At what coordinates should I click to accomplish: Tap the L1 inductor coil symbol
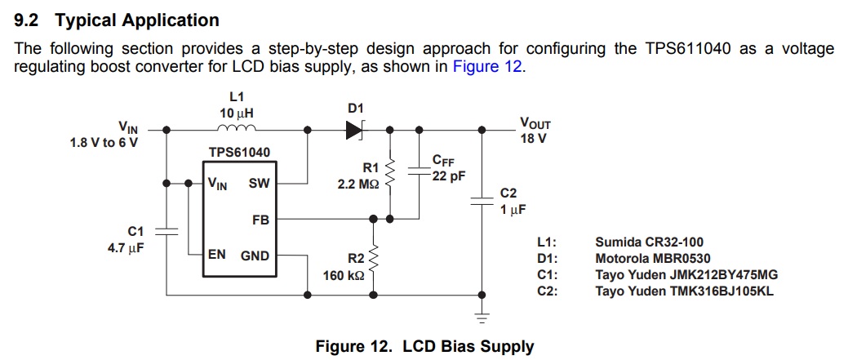(x=237, y=128)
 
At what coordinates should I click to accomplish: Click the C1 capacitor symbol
(x=167, y=230)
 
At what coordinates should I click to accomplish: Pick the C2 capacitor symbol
(x=478, y=204)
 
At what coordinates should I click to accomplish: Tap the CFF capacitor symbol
(x=420, y=172)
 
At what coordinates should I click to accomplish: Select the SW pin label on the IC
(x=259, y=184)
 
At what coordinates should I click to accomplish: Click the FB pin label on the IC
(x=260, y=220)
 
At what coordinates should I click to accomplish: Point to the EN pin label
(x=217, y=255)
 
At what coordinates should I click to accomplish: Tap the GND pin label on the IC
(x=255, y=256)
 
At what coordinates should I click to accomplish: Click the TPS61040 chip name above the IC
(x=239, y=153)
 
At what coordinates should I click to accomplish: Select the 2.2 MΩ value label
(x=358, y=185)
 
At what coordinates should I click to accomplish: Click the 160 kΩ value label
(x=344, y=275)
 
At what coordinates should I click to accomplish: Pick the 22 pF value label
(x=449, y=176)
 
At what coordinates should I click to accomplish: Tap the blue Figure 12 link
(x=487, y=67)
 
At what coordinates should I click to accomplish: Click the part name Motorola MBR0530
(x=647, y=258)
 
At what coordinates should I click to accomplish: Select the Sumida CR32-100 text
(x=649, y=242)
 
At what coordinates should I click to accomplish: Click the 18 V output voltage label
(x=533, y=139)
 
